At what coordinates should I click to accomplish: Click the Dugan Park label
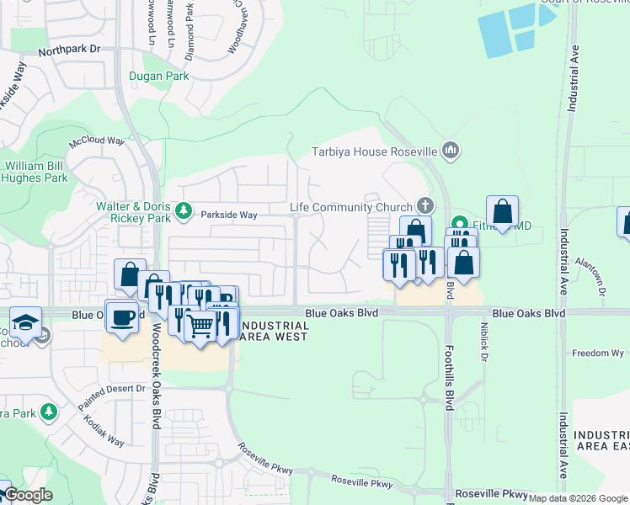pyautogui.click(x=158, y=76)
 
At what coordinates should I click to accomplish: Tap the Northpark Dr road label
pyautogui.click(x=70, y=50)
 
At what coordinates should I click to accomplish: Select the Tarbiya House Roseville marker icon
pyautogui.click(x=451, y=151)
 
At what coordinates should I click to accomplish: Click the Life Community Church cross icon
pyautogui.click(x=426, y=206)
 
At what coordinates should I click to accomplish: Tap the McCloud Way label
pyautogui.click(x=97, y=141)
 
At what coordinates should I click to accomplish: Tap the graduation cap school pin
pyautogui.click(x=25, y=321)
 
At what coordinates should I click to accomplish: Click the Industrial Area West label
pyautogui.click(x=274, y=330)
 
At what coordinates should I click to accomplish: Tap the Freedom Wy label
pyautogui.click(x=597, y=353)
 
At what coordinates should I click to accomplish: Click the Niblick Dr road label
pyautogui.click(x=485, y=342)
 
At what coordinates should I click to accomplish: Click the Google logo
pyautogui.click(x=28, y=495)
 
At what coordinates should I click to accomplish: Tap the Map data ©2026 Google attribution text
pyautogui.click(x=577, y=498)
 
